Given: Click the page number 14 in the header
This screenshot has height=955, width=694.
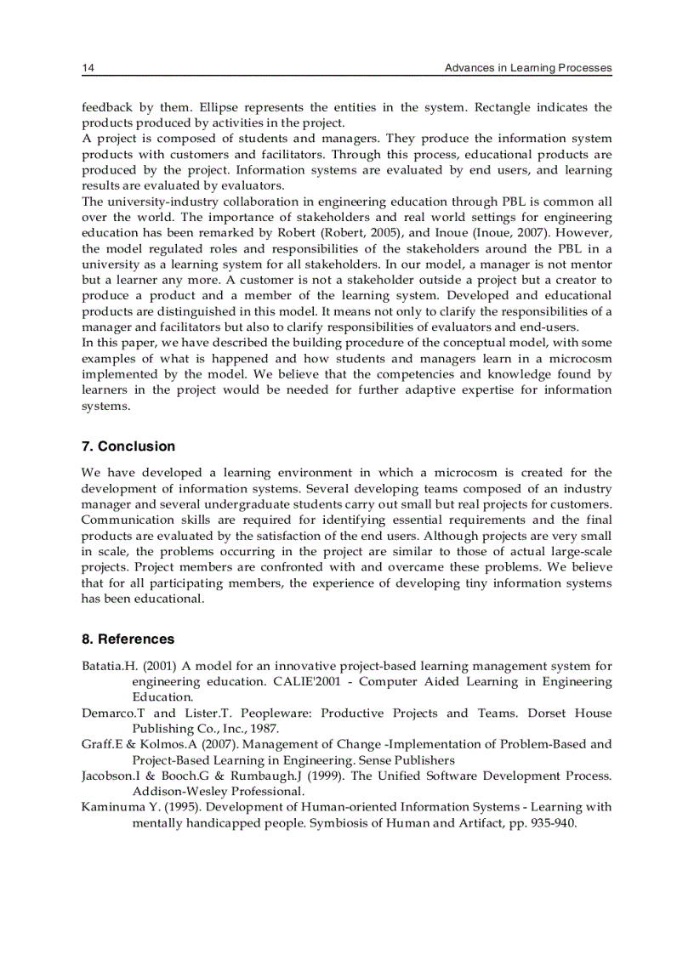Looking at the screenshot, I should (x=87, y=68).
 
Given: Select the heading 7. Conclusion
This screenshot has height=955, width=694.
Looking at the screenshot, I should (x=128, y=446).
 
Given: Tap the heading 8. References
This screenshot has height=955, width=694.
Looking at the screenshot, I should (x=128, y=639).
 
